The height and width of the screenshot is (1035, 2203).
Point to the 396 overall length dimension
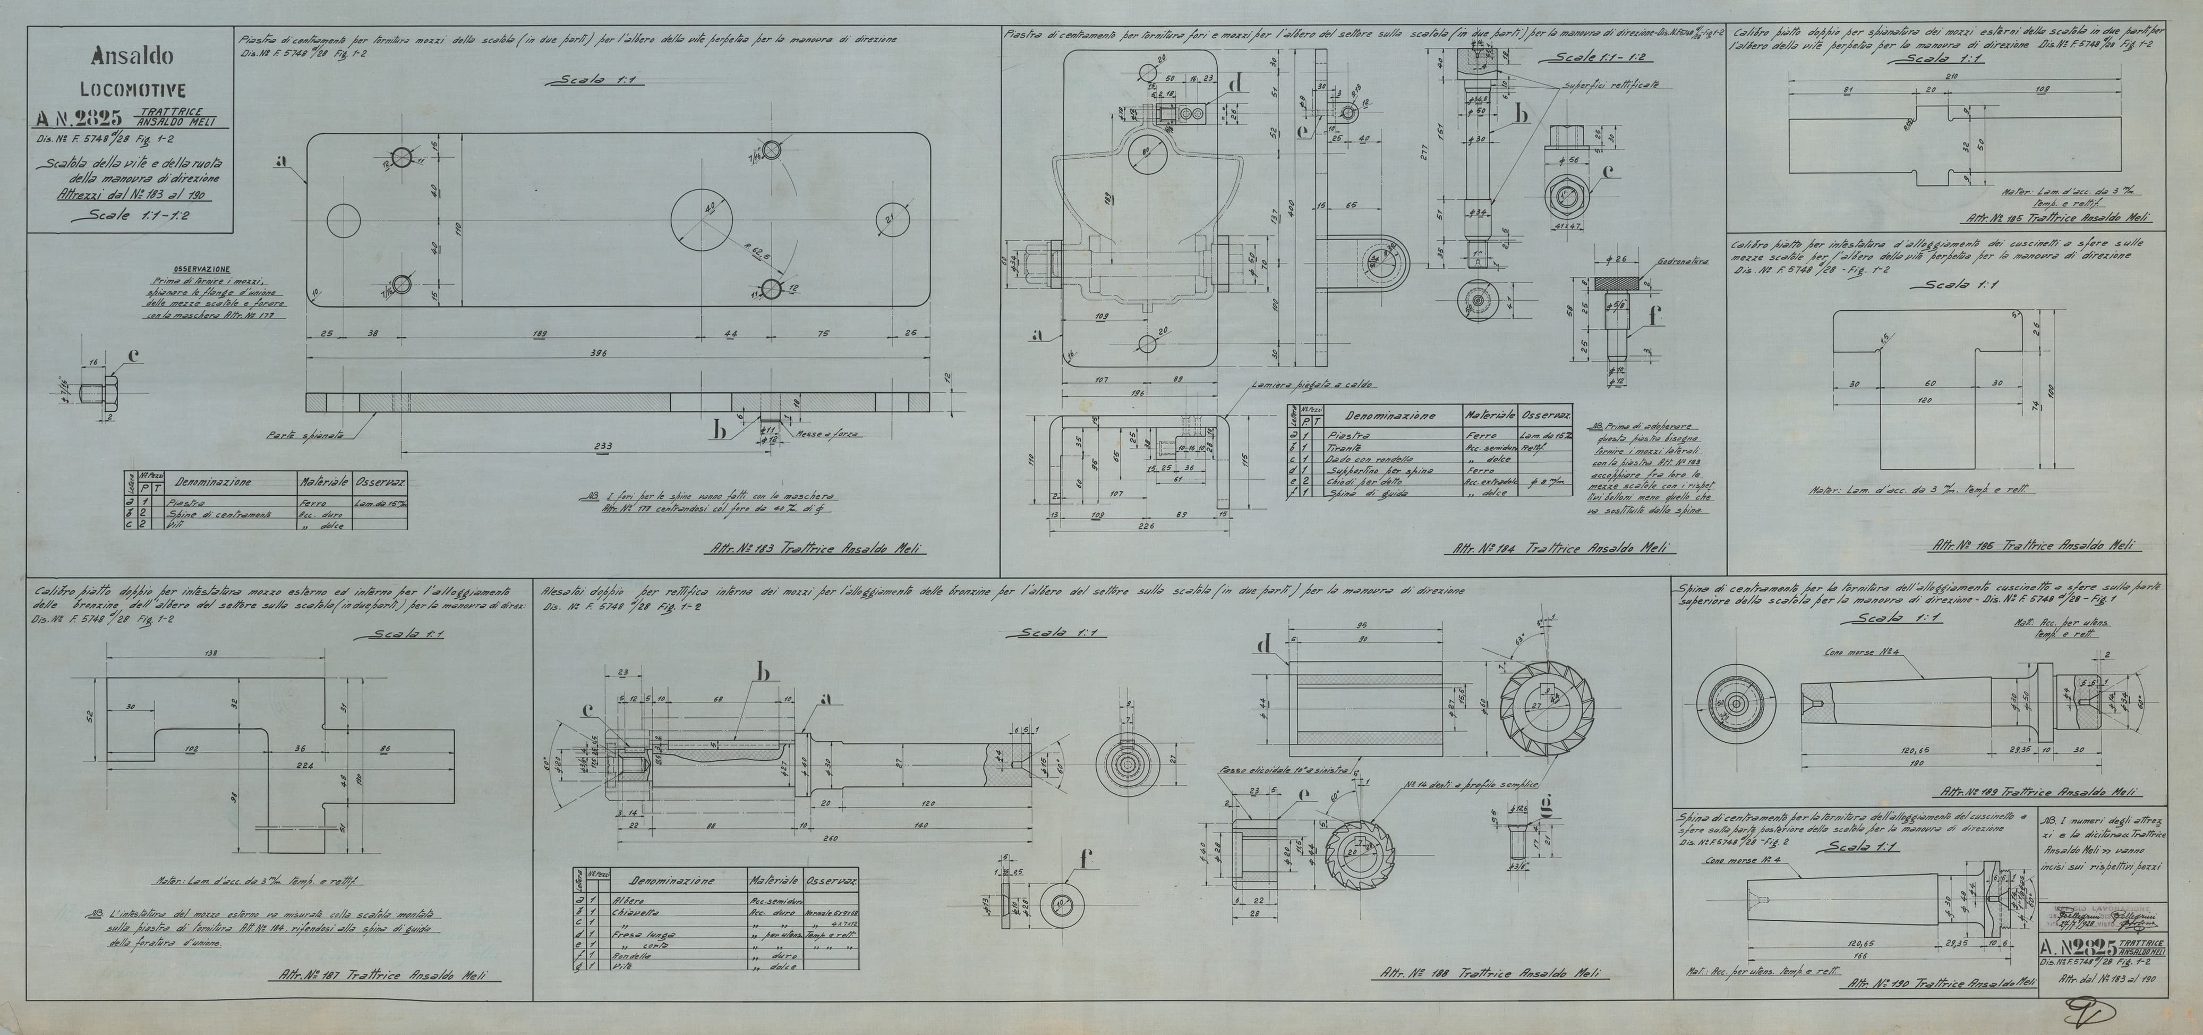pyautogui.click(x=604, y=353)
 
